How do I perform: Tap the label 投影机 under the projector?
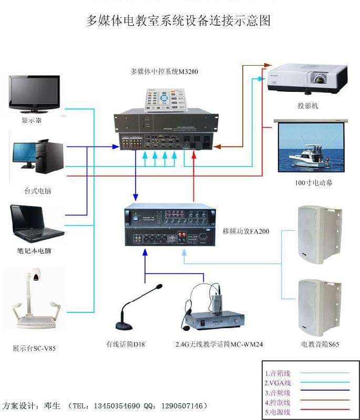click(x=308, y=106)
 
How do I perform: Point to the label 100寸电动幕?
click(x=313, y=183)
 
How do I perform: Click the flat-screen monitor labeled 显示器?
click(x=34, y=93)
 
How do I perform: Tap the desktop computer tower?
click(x=55, y=155)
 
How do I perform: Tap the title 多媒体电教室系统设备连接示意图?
click(x=179, y=21)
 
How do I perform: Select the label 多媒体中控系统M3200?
click(x=164, y=71)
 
